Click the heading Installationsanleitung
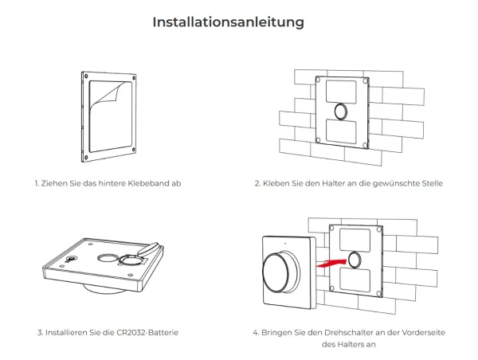(x=228, y=22)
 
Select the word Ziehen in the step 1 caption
(x=54, y=183)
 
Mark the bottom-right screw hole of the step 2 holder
(x=366, y=143)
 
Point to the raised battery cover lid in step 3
(x=148, y=248)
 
